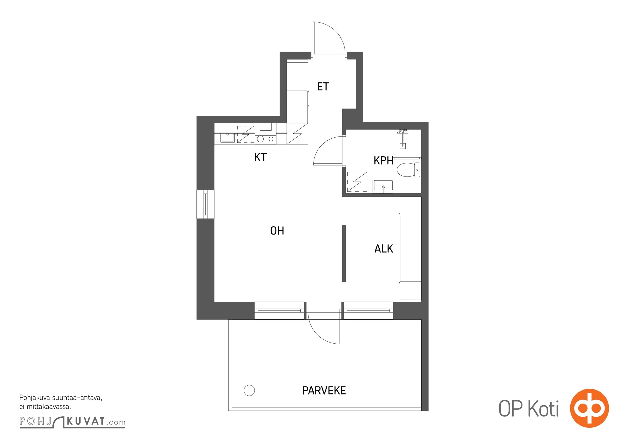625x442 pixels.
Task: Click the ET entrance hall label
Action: pyautogui.click(x=323, y=87)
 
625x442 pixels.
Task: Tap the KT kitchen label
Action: pyautogui.click(x=260, y=157)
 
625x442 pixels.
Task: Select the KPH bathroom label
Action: pyautogui.click(x=384, y=161)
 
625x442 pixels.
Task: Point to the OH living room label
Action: pyautogui.click(x=277, y=231)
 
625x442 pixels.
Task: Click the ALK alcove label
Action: pyautogui.click(x=384, y=249)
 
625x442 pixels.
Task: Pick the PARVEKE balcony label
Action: pyautogui.click(x=324, y=391)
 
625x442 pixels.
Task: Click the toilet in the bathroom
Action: pyautogui.click(x=408, y=170)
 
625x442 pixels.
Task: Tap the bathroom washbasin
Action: pyautogui.click(x=383, y=186)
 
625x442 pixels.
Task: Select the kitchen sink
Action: pyautogui.click(x=228, y=138)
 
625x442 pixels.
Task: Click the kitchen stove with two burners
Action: pyautogui.click(x=266, y=139)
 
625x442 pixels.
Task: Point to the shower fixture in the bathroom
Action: pyautogui.click(x=403, y=139)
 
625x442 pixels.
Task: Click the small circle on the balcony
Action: pyautogui.click(x=249, y=391)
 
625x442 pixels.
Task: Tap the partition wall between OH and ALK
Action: pyautogui.click(x=344, y=254)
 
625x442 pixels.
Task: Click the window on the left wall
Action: pyautogui.click(x=205, y=204)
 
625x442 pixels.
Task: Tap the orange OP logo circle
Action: pyautogui.click(x=589, y=408)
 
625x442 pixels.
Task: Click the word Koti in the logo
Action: pyautogui.click(x=543, y=409)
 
